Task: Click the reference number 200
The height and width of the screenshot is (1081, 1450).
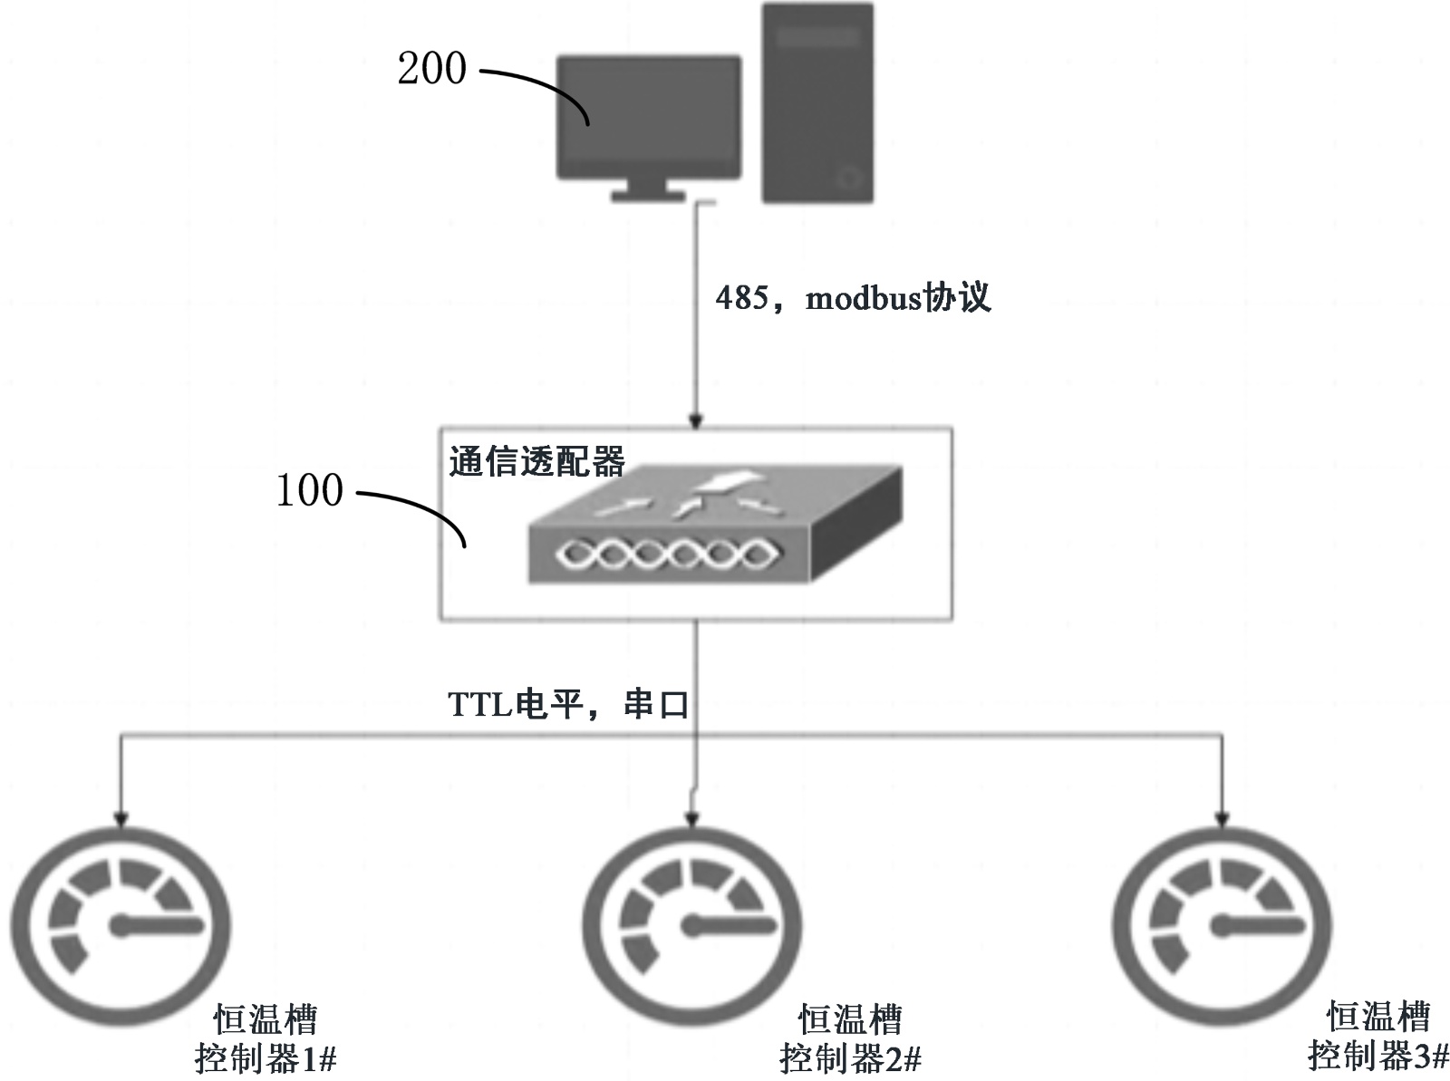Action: click(x=431, y=69)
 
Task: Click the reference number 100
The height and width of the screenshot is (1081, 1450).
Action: click(x=309, y=490)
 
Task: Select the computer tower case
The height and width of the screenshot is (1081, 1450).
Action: click(x=817, y=101)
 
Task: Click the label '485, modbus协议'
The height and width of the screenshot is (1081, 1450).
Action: click(x=853, y=297)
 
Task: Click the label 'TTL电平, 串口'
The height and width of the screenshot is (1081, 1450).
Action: click(x=568, y=704)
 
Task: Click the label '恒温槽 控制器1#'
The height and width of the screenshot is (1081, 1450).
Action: click(x=266, y=1038)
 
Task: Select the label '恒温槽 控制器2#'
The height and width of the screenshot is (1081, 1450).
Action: click(x=850, y=1038)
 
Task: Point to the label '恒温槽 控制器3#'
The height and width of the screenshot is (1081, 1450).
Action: click(x=1377, y=1036)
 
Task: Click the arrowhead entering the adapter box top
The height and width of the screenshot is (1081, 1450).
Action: click(x=695, y=420)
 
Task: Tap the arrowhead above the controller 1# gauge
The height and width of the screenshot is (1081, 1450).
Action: click(x=121, y=818)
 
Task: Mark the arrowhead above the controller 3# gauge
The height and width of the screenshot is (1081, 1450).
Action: click(x=1223, y=818)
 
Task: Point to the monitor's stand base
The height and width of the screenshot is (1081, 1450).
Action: click(x=647, y=194)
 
